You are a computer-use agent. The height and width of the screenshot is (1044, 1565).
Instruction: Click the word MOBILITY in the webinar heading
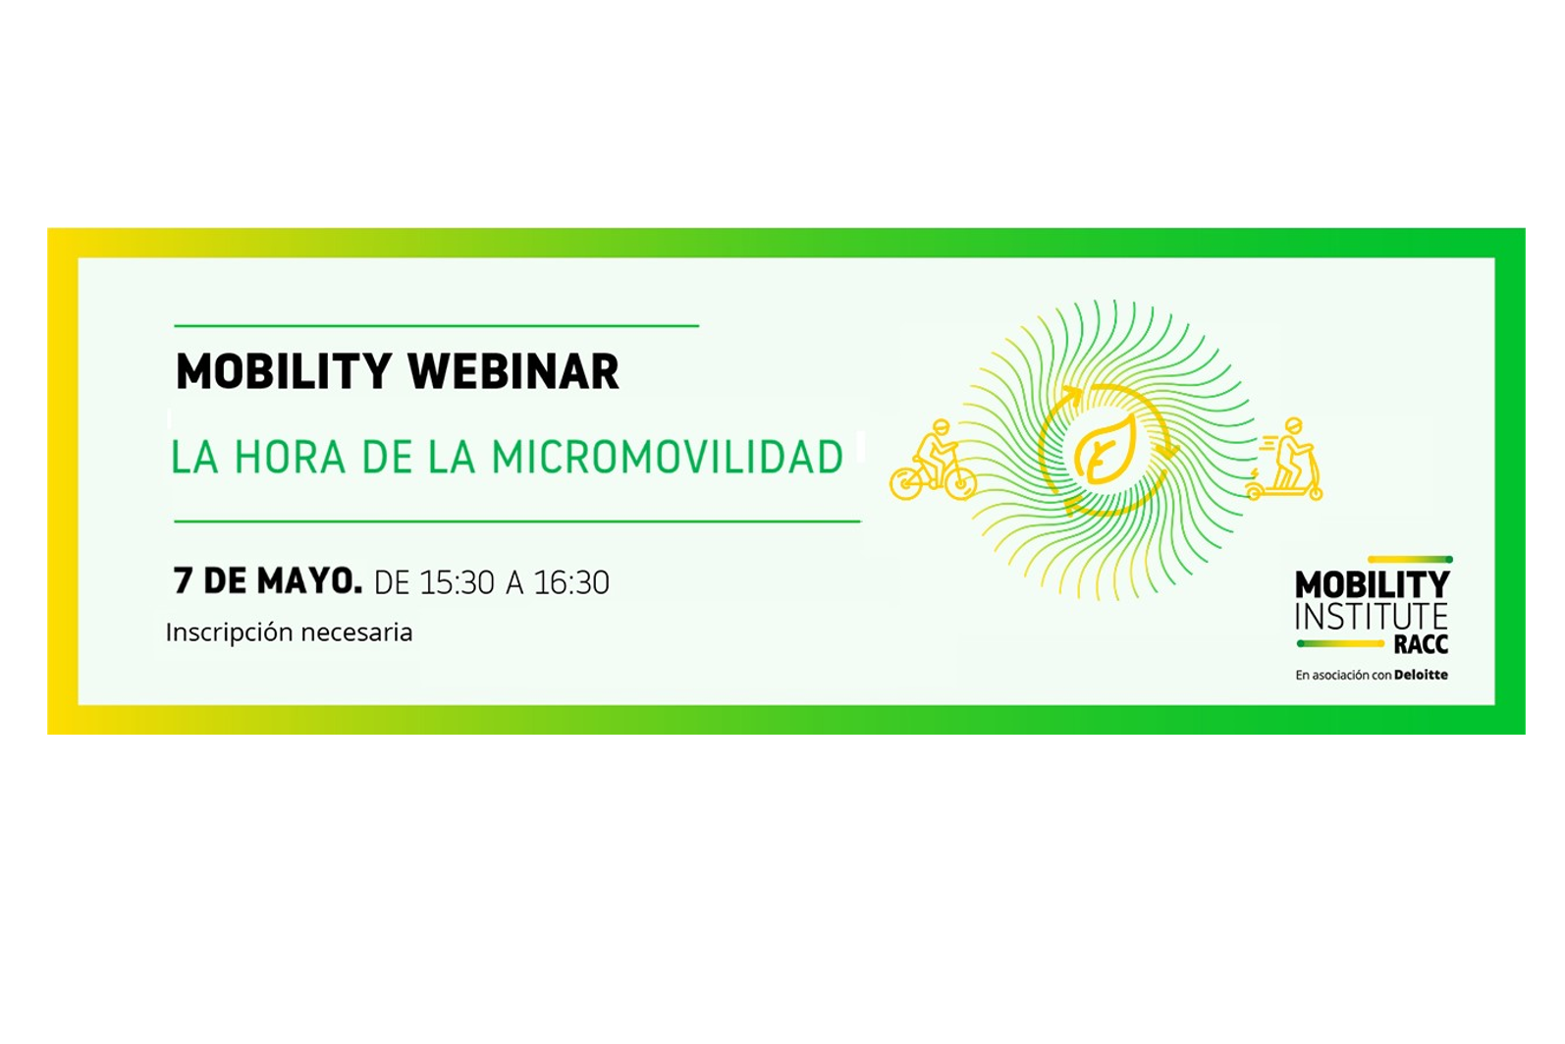pyautogui.click(x=283, y=371)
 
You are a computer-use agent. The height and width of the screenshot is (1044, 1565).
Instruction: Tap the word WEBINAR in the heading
pyautogui.click(x=513, y=371)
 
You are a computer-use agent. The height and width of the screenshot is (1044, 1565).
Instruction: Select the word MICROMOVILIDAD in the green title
pyautogui.click(x=668, y=457)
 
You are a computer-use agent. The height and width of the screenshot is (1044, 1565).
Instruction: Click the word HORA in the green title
pyautogui.click(x=290, y=457)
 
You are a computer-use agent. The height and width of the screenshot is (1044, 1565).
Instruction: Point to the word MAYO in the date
pyautogui.click(x=309, y=580)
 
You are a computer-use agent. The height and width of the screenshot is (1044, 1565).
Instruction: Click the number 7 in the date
pyautogui.click(x=183, y=580)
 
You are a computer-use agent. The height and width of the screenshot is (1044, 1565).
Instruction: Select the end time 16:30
pyautogui.click(x=571, y=582)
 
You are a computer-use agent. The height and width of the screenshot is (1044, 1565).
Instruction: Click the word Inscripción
pyautogui.click(x=229, y=633)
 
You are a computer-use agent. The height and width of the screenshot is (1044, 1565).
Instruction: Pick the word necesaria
pyautogui.click(x=356, y=633)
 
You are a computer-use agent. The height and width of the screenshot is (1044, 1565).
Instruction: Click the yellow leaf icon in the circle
pyautogui.click(x=1106, y=452)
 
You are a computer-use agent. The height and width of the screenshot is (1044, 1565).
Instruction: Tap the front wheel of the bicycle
pyautogui.click(x=960, y=483)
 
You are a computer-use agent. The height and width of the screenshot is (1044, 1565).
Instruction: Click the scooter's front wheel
pyautogui.click(x=1316, y=494)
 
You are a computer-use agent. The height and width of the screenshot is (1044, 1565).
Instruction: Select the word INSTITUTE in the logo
pyautogui.click(x=1371, y=617)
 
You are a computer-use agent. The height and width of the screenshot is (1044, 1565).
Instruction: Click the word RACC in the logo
pyautogui.click(x=1421, y=644)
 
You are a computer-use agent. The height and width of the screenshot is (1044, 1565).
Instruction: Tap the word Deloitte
pyautogui.click(x=1421, y=675)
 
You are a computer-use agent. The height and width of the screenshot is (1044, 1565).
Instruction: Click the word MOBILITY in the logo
pyautogui.click(x=1373, y=584)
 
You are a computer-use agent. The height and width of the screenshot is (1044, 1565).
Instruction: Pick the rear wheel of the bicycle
pyautogui.click(x=905, y=483)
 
